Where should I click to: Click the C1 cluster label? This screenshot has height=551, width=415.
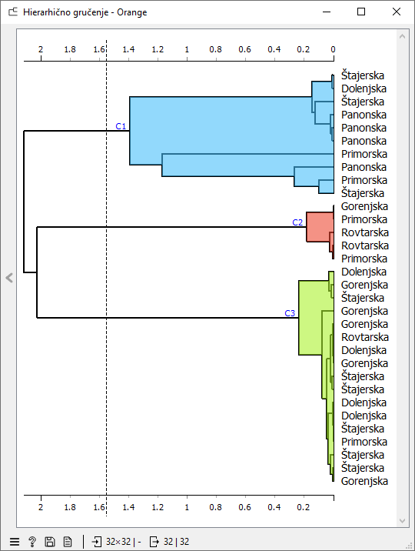pos(121,126)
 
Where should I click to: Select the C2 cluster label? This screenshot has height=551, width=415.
pos(297,222)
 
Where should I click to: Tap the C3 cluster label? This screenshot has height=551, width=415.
pos(290,313)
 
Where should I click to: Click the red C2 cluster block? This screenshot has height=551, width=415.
pos(319,227)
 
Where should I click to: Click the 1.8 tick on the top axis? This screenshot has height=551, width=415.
pos(70,49)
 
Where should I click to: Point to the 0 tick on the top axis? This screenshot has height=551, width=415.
pos(333,49)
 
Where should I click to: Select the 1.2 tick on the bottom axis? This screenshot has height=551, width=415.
pos(158,507)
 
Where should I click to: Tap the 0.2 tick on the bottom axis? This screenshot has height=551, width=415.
pos(304,507)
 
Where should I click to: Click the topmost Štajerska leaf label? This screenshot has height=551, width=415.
pos(363,75)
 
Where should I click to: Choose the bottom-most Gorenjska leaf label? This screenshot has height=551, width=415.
pos(364,481)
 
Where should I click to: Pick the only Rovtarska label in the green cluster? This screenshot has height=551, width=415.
pos(365,337)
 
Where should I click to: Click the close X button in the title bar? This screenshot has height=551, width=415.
pos(397,12)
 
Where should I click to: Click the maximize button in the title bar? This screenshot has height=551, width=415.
pos(361,12)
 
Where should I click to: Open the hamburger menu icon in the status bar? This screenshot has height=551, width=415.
pos(15,542)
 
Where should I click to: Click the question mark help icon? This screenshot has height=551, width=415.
pos(32,542)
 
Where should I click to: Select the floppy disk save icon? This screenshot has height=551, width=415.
pos(50,542)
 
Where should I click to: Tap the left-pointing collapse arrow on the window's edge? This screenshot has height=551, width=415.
pos(9,278)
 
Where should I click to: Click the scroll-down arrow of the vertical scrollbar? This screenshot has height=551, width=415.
pos(403,520)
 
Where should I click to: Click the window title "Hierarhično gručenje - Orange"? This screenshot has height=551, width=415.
pos(85,12)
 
